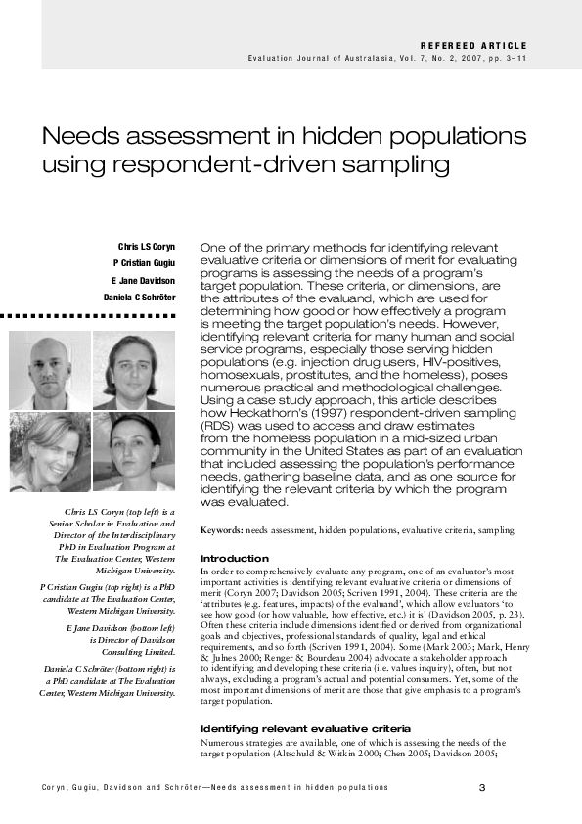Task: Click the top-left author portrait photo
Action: pyautogui.click(x=50, y=371)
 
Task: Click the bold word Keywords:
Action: pyautogui.click(x=221, y=530)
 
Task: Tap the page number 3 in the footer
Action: pyautogui.click(x=482, y=788)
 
